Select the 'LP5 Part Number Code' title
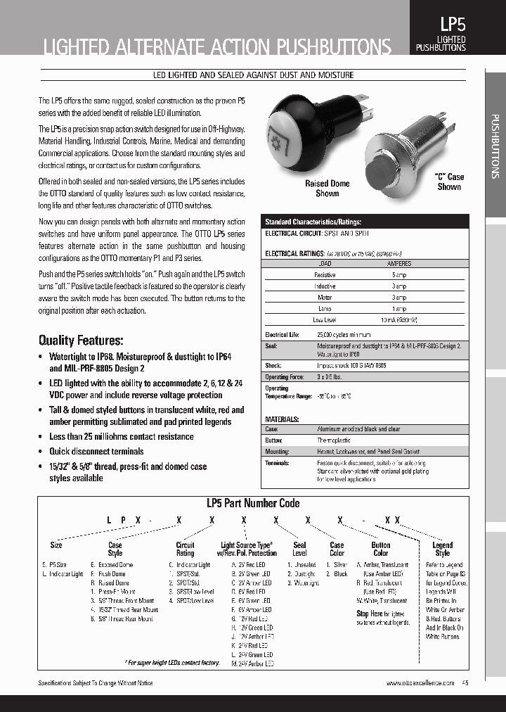[252, 503]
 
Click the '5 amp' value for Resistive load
[399, 275]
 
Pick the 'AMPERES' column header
[399, 264]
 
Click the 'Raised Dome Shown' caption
[327, 188]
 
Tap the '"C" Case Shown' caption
[449, 182]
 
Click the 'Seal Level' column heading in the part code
[299, 549]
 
